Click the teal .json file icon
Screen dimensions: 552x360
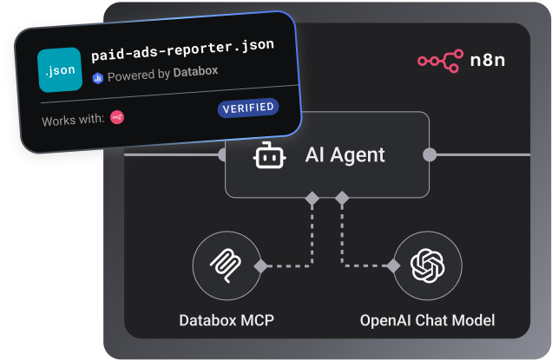pos(60,69)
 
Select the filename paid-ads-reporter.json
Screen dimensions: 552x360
pos(182,50)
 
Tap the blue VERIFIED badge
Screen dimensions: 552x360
pos(248,108)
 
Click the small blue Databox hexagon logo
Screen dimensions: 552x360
pos(98,78)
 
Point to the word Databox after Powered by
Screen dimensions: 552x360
pos(196,72)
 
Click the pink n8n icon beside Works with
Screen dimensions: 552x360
pos(117,117)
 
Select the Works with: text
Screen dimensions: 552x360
pos(73,121)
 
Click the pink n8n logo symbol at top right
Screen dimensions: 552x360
pos(440,61)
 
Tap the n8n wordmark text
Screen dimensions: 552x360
pos(488,60)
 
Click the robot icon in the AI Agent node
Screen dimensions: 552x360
pos(269,155)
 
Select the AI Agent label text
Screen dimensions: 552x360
pos(345,154)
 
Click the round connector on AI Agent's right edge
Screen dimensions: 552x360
pos(430,154)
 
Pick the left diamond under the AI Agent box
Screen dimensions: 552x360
pos(312,198)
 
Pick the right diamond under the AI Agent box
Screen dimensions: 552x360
pos(342,198)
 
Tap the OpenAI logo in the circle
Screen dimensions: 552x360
pos(427,265)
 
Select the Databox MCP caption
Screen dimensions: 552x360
pos(227,320)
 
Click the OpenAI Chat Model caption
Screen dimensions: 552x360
pos(427,321)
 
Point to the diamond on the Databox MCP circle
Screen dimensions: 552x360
pos(261,266)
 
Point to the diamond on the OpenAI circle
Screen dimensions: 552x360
pos(393,266)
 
